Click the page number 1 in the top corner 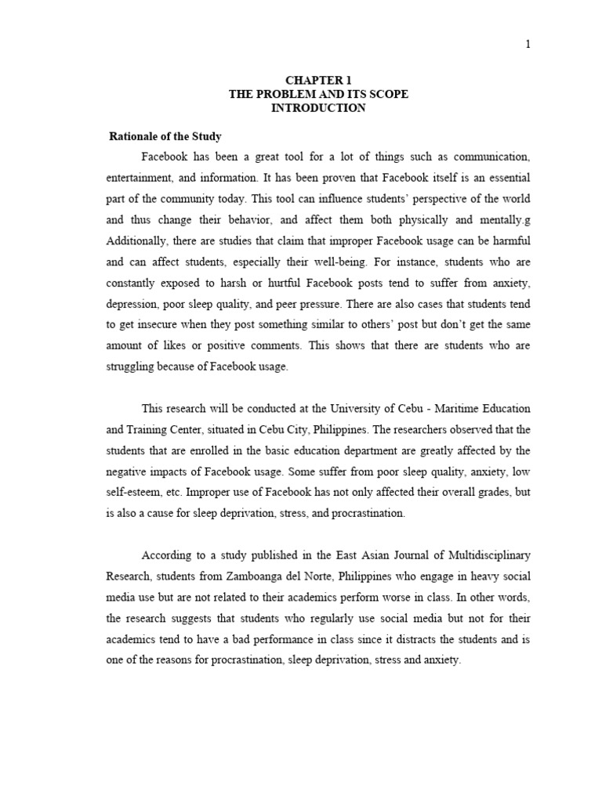click(528, 44)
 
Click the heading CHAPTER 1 click(317, 81)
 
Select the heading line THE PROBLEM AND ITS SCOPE click(318, 94)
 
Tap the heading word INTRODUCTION click(318, 108)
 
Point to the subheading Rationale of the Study click(165, 136)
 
